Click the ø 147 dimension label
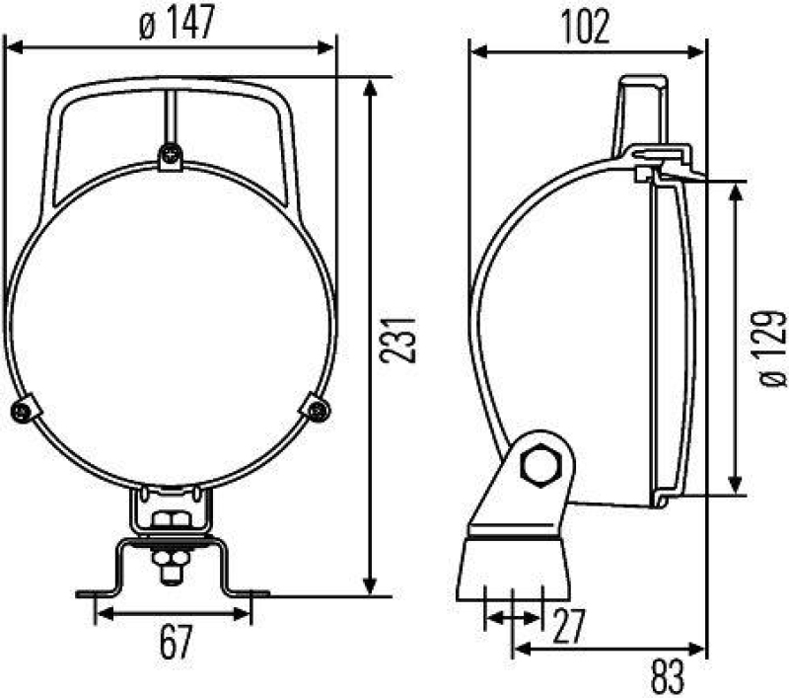coord(177,24)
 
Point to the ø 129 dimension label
coord(773,346)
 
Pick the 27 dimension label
coord(568,625)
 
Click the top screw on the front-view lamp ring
coord(172,155)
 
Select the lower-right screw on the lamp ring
coord(317,407)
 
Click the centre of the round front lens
coord(171,326)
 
